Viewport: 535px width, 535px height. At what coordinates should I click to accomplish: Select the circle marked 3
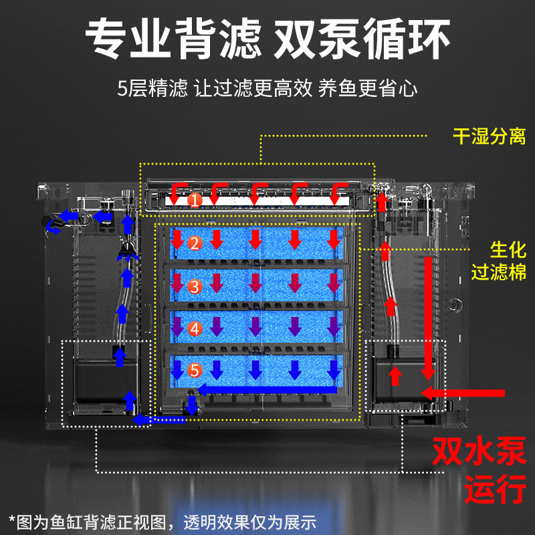pyautogui.click(x=194, y=286)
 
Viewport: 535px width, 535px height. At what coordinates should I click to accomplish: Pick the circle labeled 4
pyautogui.click(x=194, y=328)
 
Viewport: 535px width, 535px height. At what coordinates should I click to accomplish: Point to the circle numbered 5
pyautogui.click(x=194, y=370)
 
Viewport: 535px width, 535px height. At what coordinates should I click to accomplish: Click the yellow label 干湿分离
pyautogui.click(x=489, y=137)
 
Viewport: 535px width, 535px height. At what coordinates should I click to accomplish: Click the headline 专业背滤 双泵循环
pyautogui.click(x=267, y=38)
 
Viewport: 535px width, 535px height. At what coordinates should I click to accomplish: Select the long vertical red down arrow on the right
pyautogui.click(x=429, y=314)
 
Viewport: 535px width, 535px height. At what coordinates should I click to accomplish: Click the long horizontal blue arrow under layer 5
pyautogui.click(x=267, y=389)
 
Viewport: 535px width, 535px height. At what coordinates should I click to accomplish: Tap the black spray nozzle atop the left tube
pyautogui.click(x=126, y=251)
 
